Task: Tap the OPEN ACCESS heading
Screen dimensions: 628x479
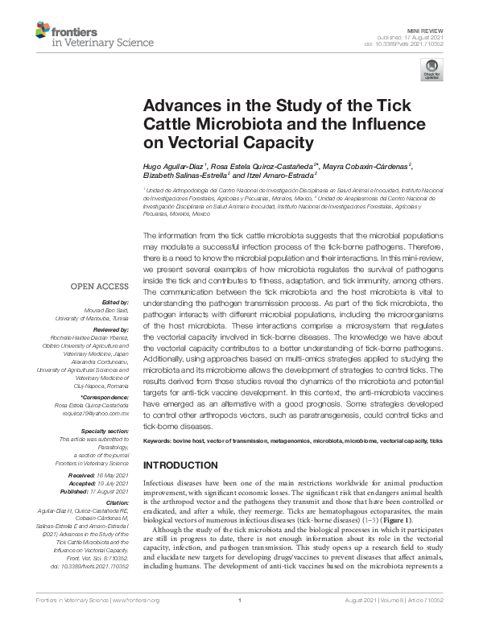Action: pyautogui.click(x=98, y=286)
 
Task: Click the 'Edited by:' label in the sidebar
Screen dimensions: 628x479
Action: pyautogui.click(x=112, y=300)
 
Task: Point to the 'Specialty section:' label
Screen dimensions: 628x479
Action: pyautogui.click(x=105, y=432)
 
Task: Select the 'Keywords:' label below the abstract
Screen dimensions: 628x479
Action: pyautogui.click(x=157, y=442)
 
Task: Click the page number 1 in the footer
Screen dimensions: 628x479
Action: pyautogui.click(x=240, y=622)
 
